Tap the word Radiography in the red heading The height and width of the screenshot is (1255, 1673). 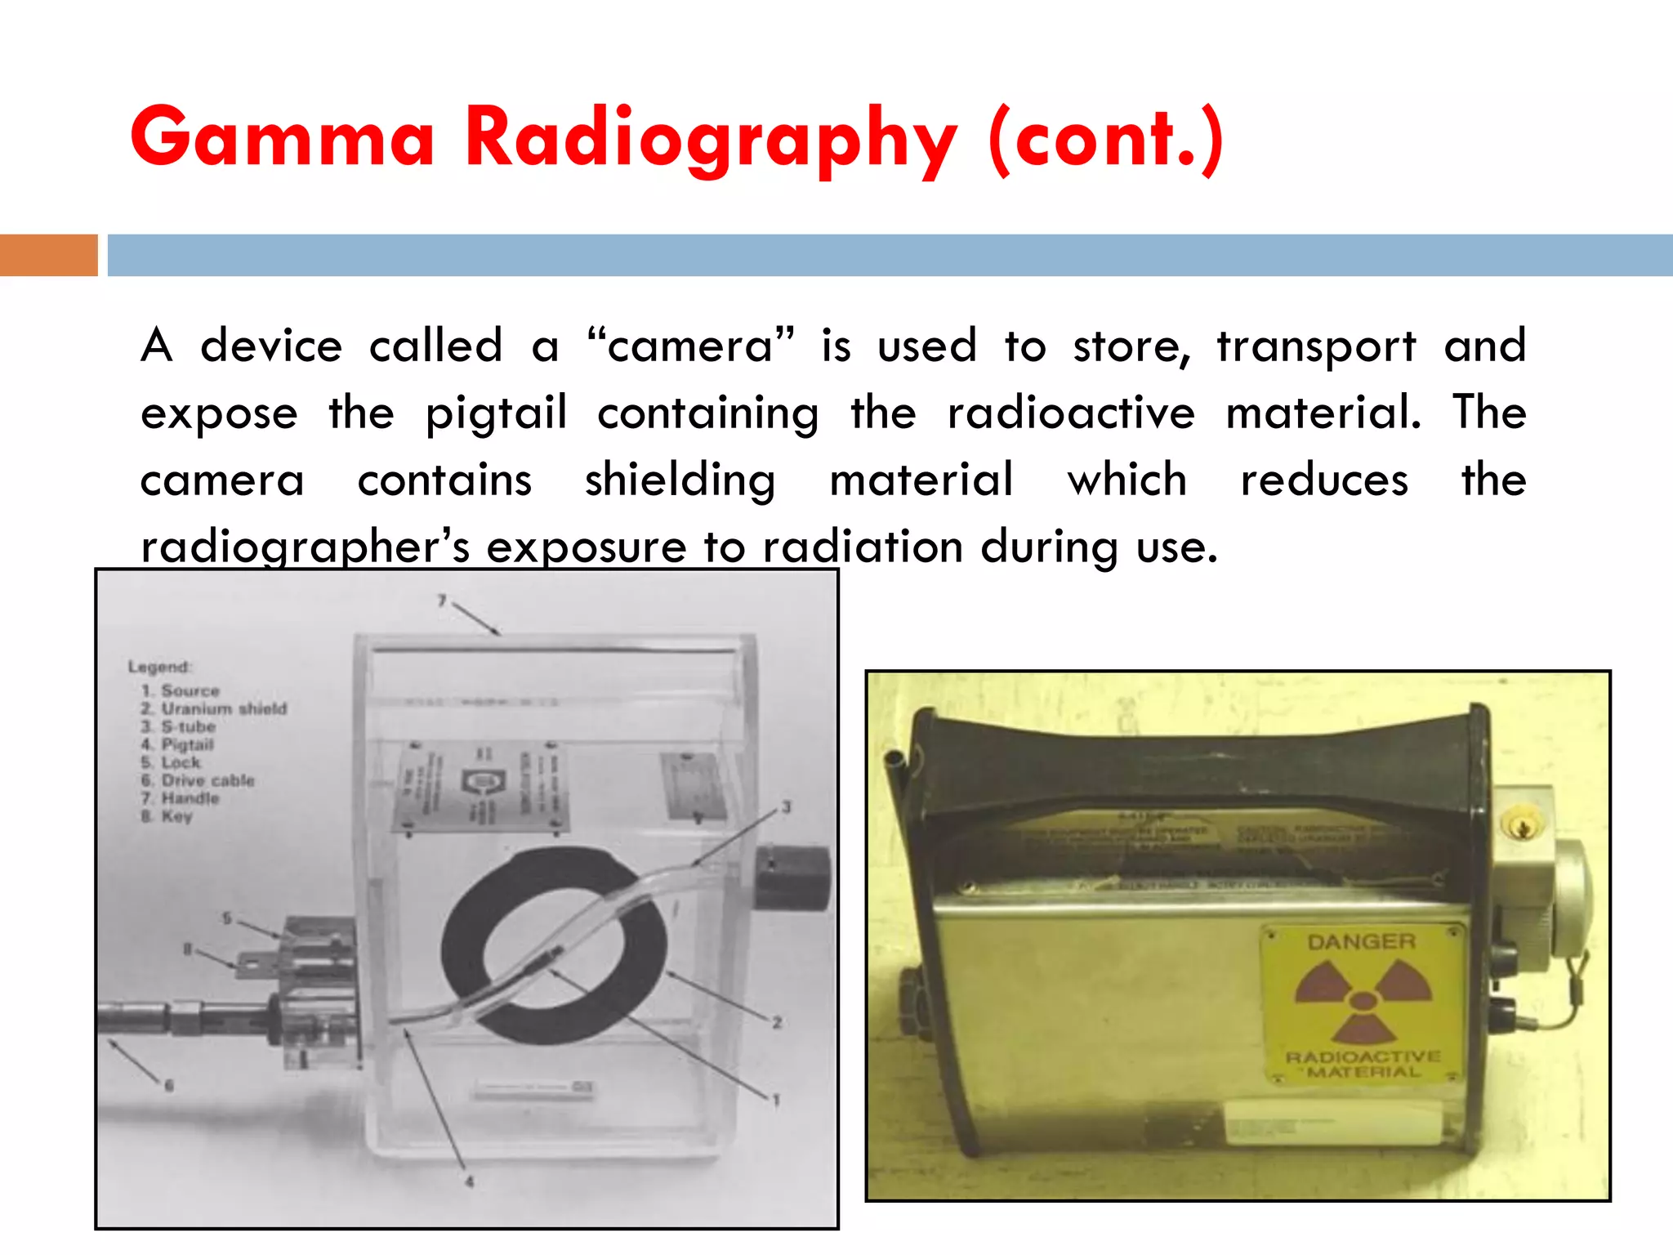pos(711,139)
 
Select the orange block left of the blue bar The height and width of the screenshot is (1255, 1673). pos(48,255)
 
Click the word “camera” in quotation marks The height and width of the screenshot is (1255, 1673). pos(690,346)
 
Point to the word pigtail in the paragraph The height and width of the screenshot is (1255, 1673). pos(496,413)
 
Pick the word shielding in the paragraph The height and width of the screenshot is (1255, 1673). pos(680,480)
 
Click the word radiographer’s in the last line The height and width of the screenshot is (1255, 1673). pos(306,547)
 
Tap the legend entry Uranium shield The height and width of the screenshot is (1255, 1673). pos(223,708)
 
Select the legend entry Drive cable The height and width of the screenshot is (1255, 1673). pos(207,780)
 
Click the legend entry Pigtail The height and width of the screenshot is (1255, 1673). pos(187,744)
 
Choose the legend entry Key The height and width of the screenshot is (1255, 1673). pos(176,816)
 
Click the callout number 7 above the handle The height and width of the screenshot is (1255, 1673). pos(442,601)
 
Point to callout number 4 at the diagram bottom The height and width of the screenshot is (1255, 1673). pos(470,1181)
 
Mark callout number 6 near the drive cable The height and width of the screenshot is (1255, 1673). pos(169,1085)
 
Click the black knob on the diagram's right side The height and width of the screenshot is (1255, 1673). pos(790,878)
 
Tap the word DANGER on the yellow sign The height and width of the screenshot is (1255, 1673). pos(1361,942)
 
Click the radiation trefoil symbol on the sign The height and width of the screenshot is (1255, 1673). pos(1363,999)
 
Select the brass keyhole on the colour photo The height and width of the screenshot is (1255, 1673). pos(1522,827)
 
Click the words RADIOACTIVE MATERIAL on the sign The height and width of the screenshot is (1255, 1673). pos(1363,1064)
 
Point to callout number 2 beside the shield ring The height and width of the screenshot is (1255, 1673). pos(777,1022)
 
